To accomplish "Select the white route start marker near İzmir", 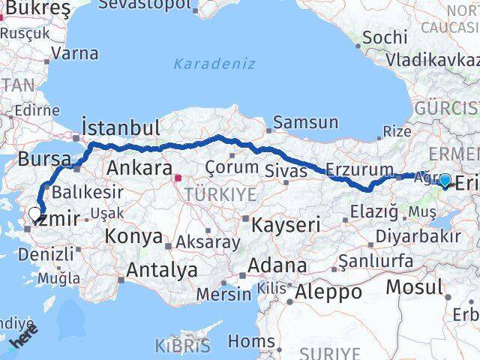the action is coord(34,214).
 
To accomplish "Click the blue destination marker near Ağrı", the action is coord(445,180).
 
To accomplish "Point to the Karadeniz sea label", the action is coord(214,64).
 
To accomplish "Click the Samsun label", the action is coord(305,121).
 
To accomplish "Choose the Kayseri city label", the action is coord(286,223).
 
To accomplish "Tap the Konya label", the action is coord(135,237).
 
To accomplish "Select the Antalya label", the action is coord(162,269).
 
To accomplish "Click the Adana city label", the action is coord(279,265).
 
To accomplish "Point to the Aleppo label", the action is coord(329,290).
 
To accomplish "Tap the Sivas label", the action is coord(286,171).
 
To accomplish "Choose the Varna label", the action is coord(76,53).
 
